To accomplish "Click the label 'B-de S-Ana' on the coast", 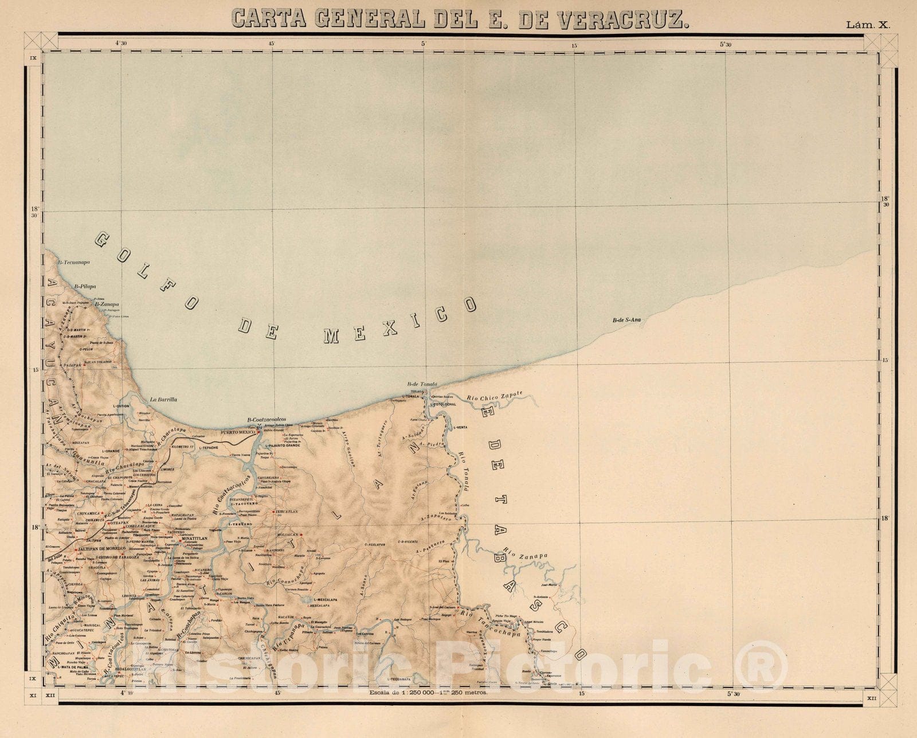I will [626, 321].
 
